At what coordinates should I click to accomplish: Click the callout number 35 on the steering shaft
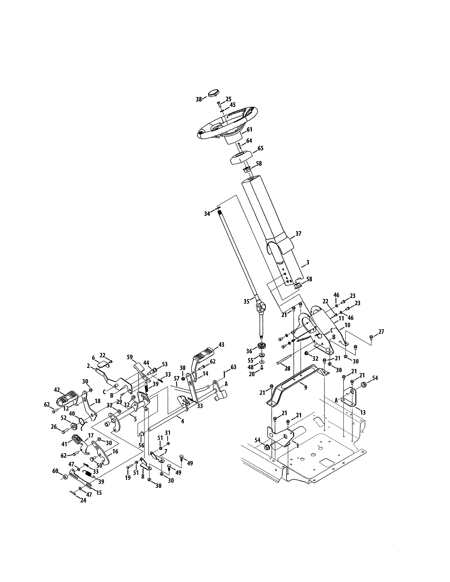point(246,301)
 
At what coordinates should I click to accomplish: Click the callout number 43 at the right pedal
point(221,345)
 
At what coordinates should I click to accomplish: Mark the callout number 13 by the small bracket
point(363,412)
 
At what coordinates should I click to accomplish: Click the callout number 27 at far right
point(381,332)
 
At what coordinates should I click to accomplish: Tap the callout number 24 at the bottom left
point(83,501)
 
